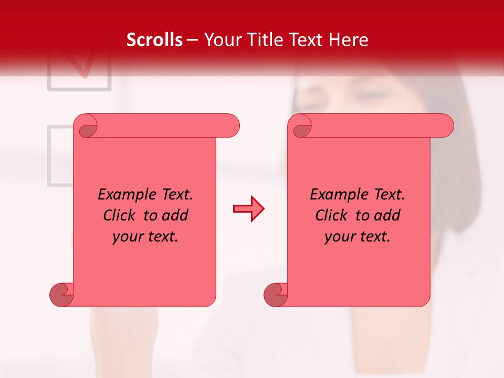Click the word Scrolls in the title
pyautogui.click(x=155, y=40)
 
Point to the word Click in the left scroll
pyautogui.click(x=120, y=215)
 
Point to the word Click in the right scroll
pyautogui.click(x=332, y=215)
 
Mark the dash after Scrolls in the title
pyautogui.click(x=193, y=40)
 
